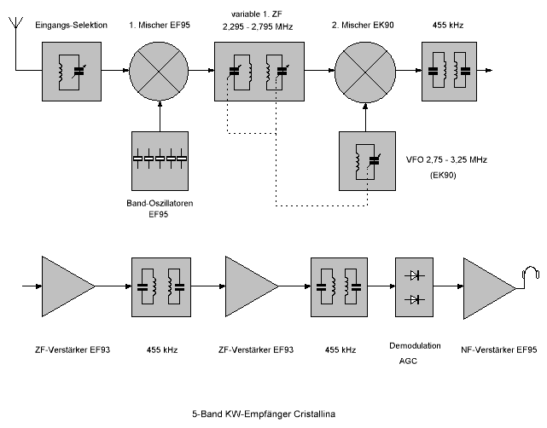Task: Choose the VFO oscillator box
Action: pos(365,160)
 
